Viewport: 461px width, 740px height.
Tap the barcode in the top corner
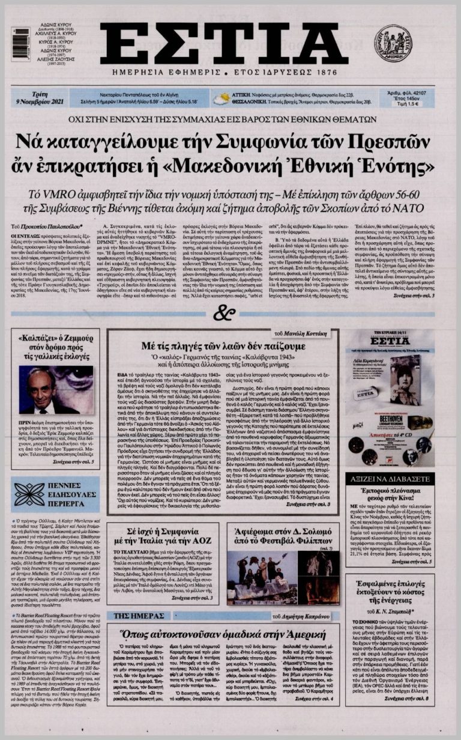pos(20,44)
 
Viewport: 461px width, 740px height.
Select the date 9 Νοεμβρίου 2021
pos(40,103)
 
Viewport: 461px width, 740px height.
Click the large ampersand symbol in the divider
pos(223,313)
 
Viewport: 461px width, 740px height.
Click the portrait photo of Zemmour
pos(55,390)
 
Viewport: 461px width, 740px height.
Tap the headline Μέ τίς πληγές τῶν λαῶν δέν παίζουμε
pos(223,347)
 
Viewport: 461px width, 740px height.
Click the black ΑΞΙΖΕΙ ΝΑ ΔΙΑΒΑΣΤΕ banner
pos(390,479)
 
